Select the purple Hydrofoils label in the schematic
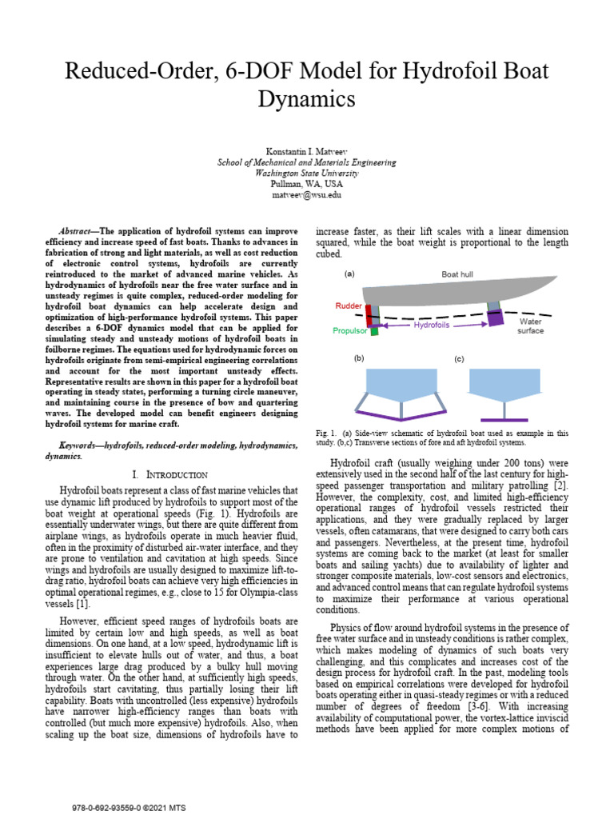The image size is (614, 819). (x=432, y=326)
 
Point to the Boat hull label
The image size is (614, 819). (x=457, y=274)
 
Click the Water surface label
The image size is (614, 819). (x=530, y=326)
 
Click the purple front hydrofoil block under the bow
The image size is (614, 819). (x=496, y=318)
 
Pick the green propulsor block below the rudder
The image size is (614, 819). (x=373, y=330)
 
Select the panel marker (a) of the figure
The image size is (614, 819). (x=349, y=274)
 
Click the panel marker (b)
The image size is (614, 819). (x=359, y=358)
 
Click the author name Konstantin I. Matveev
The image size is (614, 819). (x=307, y=152)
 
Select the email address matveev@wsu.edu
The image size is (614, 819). (x=307, y=194)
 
